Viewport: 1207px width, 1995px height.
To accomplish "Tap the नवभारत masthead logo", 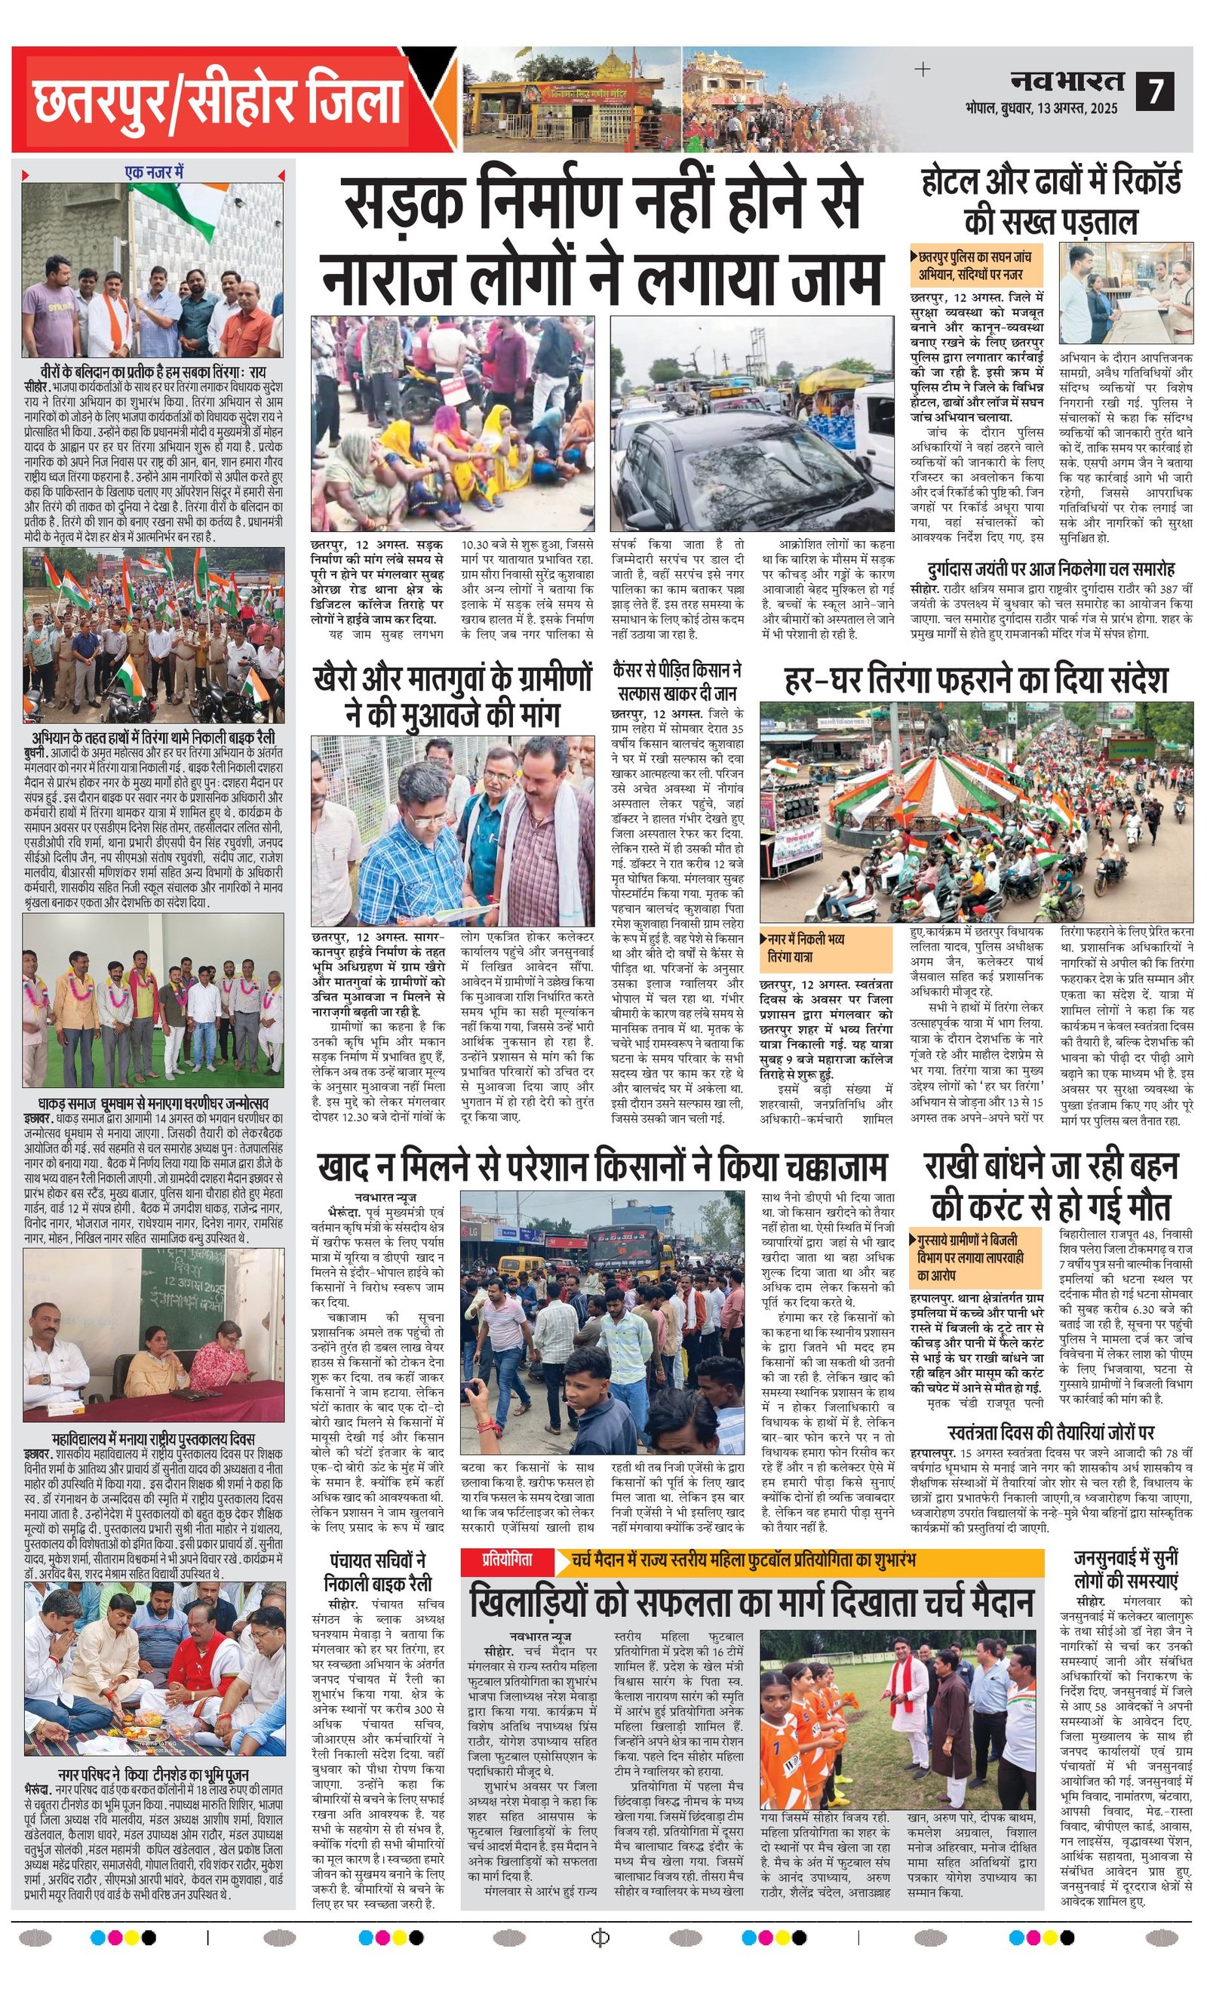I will coord(1067,81).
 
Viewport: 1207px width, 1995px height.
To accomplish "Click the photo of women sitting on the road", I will coord(453,422).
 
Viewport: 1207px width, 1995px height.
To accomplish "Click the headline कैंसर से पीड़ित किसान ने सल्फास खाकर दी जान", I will coord(677,680).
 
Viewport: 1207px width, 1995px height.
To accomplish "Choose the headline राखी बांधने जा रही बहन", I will coord(1051,1185).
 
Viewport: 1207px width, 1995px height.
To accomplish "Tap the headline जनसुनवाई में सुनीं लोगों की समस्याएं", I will coord(1126,1569).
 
